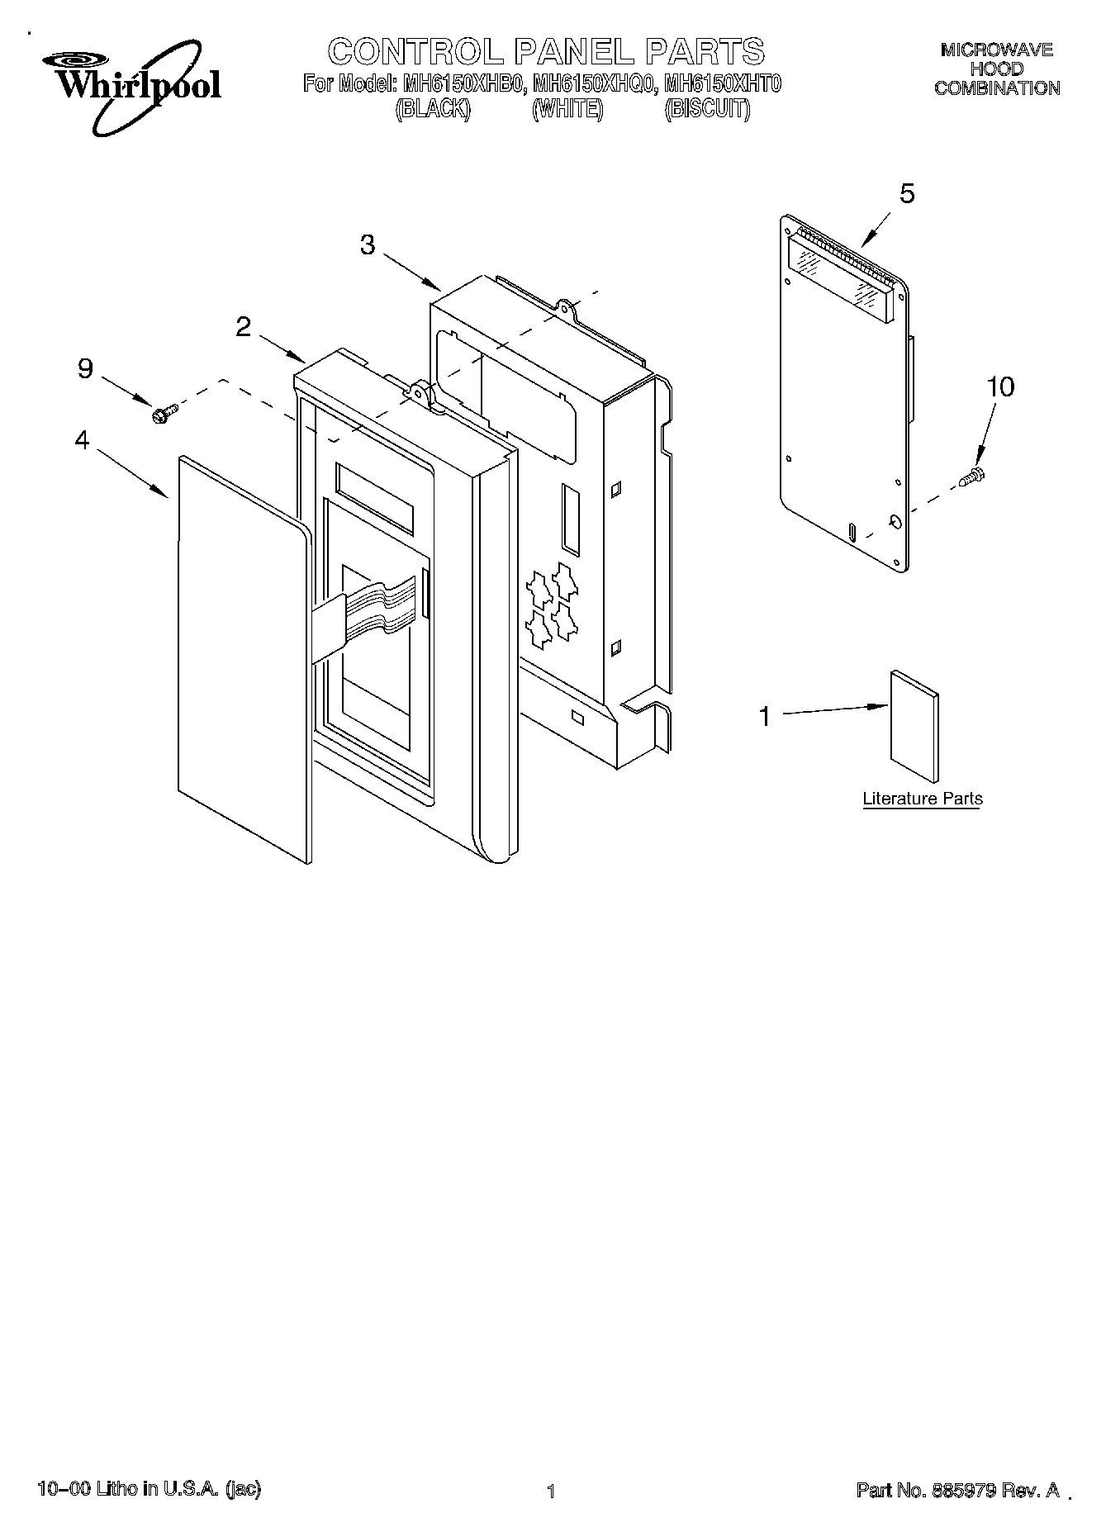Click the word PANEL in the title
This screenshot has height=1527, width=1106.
[x=570, y=51]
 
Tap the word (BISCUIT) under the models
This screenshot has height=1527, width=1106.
[x=707, y=109]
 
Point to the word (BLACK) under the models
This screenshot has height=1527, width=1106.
[x=433, y=109]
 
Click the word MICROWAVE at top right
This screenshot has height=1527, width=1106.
[x=997, y=50]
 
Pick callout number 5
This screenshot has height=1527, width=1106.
[x=907, y=194]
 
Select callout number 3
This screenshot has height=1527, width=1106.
[x=368, y=244]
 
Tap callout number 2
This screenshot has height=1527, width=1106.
[x=243, y=327]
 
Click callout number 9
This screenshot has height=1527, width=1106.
[x=85, y=368]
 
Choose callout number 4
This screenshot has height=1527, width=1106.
[x=82, y=440]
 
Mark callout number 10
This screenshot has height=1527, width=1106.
[x=1000, y=386]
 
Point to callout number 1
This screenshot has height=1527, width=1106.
[x=765, y=716]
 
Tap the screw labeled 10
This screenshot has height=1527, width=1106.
[x=972, y=477]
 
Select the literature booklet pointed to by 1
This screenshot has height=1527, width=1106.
[x=914, y=727]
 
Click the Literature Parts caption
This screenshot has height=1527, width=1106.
[x=923, y=799]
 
